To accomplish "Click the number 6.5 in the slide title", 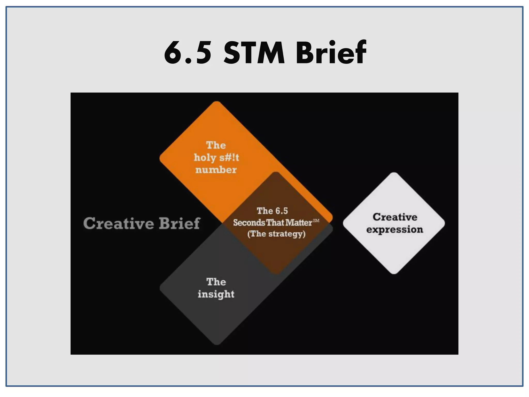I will [x=188, y=53].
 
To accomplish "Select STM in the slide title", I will [x=254, y=53].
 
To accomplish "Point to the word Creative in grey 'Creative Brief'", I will [x=118, y=223].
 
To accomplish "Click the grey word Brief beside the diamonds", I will [x=179, y=223].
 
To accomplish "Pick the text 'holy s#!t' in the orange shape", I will [x=216, y=157].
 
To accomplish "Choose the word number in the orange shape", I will [x=216, y=170].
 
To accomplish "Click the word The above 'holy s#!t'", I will [x=216, y=145].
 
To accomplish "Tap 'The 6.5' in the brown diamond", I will [x=272, y=211].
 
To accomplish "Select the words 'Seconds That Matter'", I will [x=273, y=223].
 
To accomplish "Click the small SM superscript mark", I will [x=316, y=220].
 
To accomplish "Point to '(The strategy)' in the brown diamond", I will [x=276, y=234].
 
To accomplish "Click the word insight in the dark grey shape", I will [x=216, y=294].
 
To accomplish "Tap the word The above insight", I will [x=216, y=282].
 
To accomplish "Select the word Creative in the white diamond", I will [x=395, y=217].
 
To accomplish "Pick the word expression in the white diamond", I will [x=394, y=230].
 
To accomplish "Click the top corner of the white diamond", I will [x=394, y=173].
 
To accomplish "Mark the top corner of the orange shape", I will [x=217, y=102].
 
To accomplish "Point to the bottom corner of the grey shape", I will [x=217, y=344].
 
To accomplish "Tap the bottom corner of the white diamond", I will [x=394, y=273].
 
